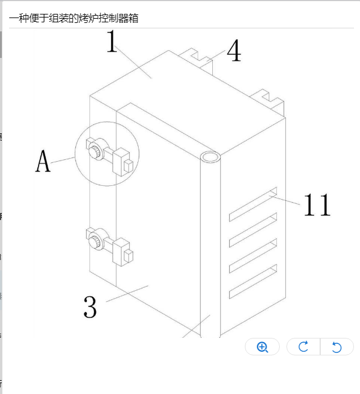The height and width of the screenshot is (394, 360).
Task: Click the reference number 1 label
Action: point(112,41)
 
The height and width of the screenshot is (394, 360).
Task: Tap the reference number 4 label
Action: point(234,51)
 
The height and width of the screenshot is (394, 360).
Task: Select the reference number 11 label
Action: point(317,205)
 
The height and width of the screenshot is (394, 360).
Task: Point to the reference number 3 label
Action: point(90,307)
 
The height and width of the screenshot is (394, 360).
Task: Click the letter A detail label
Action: point(43,161)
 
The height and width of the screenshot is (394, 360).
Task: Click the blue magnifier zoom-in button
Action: point(262,347)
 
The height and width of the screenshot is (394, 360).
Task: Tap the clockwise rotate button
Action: point(303,347)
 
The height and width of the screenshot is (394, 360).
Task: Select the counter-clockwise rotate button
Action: point(336,347)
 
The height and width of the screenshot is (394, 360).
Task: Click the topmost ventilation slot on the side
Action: point(253,205)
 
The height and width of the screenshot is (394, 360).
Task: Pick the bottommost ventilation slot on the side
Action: point(253,281)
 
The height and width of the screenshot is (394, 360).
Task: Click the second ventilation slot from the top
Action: point(253,230)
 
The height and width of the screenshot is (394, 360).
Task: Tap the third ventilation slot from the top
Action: point(253,256)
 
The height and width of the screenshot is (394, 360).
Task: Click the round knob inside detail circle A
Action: point(95,152)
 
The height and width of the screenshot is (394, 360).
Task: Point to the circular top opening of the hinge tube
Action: point(210,157)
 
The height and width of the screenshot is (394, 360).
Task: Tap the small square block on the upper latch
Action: point(128,166)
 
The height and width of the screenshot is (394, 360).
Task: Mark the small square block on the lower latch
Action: point(128,256)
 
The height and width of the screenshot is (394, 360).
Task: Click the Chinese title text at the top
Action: point(74,18)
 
